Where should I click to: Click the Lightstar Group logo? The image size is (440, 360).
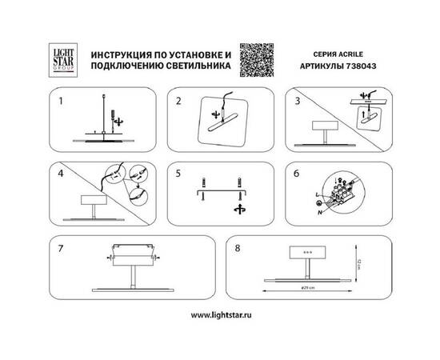coord(62,56)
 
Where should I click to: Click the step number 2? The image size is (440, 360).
coord(178,102)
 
